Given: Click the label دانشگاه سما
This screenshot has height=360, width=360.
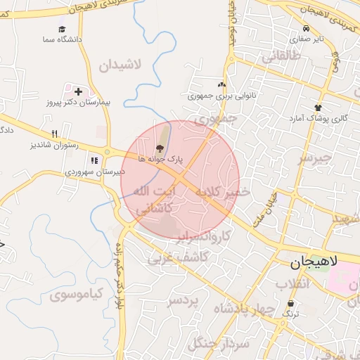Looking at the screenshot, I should (62, 39).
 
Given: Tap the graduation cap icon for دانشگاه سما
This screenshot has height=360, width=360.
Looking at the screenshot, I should (62, 30).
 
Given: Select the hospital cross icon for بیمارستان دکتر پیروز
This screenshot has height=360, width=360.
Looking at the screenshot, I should (78, 91).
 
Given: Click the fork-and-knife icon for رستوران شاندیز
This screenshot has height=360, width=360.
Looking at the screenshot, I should (54, 134).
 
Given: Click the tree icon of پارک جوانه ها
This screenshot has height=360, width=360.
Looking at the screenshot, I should (160, 148).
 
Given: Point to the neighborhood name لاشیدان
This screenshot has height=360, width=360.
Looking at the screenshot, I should (120, 65).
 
